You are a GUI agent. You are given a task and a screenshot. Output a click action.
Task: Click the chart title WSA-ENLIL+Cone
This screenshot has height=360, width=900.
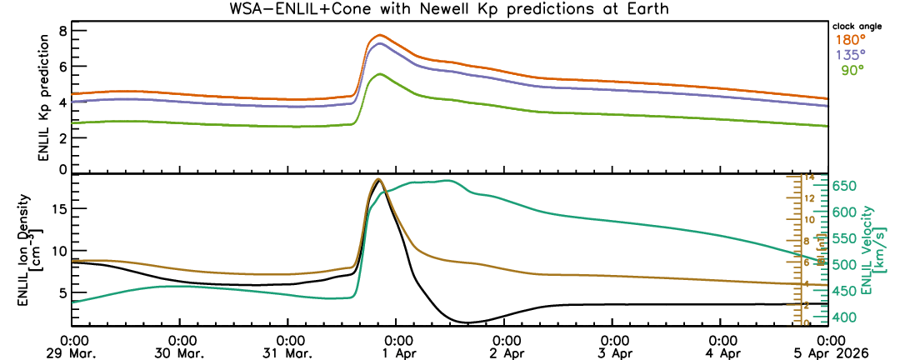449,9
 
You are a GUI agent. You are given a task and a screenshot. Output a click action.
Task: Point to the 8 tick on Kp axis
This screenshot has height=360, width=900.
62,31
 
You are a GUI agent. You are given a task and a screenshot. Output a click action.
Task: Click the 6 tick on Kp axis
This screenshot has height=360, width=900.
62,67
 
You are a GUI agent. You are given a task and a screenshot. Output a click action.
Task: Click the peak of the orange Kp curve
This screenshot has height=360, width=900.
380,35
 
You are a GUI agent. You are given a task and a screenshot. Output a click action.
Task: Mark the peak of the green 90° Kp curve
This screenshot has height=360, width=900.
380,74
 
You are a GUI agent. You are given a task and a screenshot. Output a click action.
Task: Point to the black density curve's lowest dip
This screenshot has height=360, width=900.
468,322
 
